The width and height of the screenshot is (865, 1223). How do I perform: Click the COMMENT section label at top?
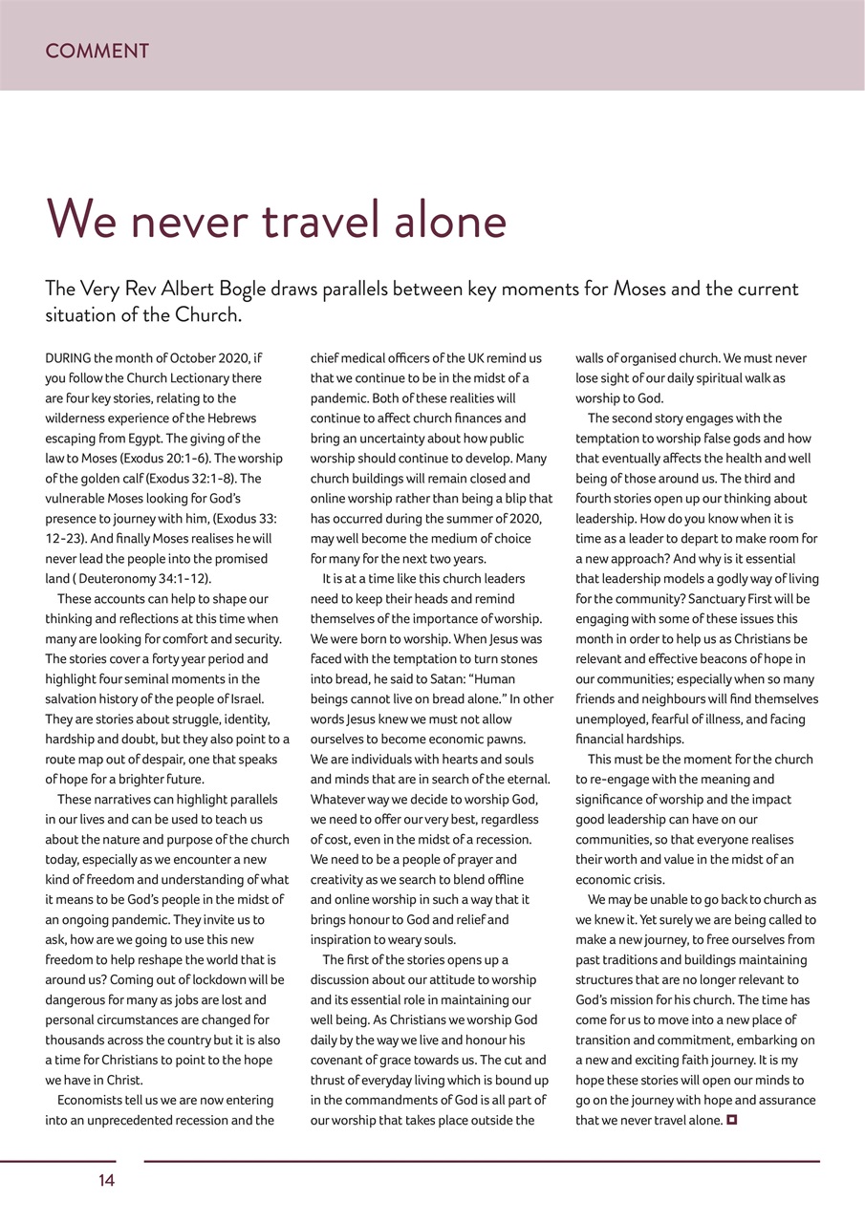coord(97,52)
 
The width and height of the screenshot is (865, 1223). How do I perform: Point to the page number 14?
coord(106,1181)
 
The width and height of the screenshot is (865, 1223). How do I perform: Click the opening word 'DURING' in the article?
coord(68,358)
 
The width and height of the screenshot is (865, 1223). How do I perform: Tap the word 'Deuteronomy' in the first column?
coord(117,579)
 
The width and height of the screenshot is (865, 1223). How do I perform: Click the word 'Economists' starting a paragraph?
coord(96,1100)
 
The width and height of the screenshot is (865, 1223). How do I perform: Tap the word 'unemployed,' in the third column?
coord(609,719)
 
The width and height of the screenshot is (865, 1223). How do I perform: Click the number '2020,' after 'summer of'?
coord(522,519)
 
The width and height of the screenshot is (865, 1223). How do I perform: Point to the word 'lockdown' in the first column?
coord(217,979)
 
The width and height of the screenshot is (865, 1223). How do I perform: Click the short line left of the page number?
coord(57,1161)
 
